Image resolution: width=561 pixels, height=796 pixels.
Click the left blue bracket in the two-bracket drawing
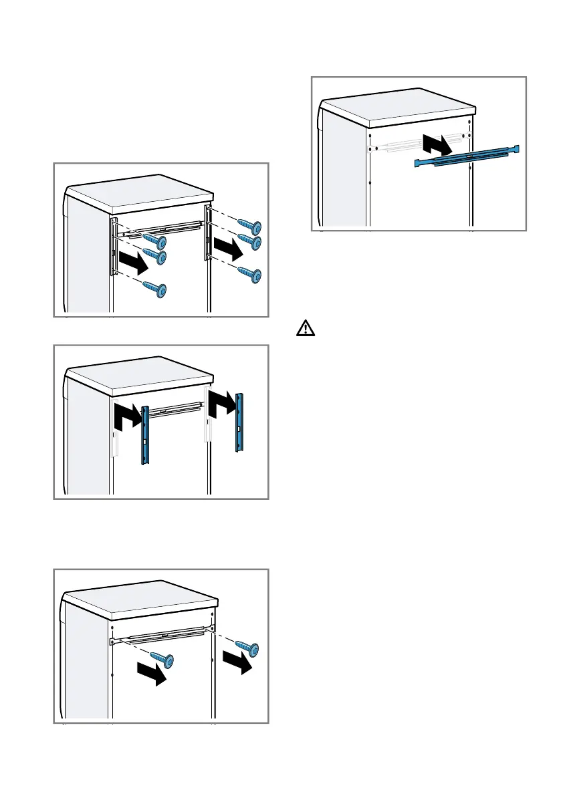click(x=144, y=436)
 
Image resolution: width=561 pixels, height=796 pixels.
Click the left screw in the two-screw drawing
click(x=162, y=659)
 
